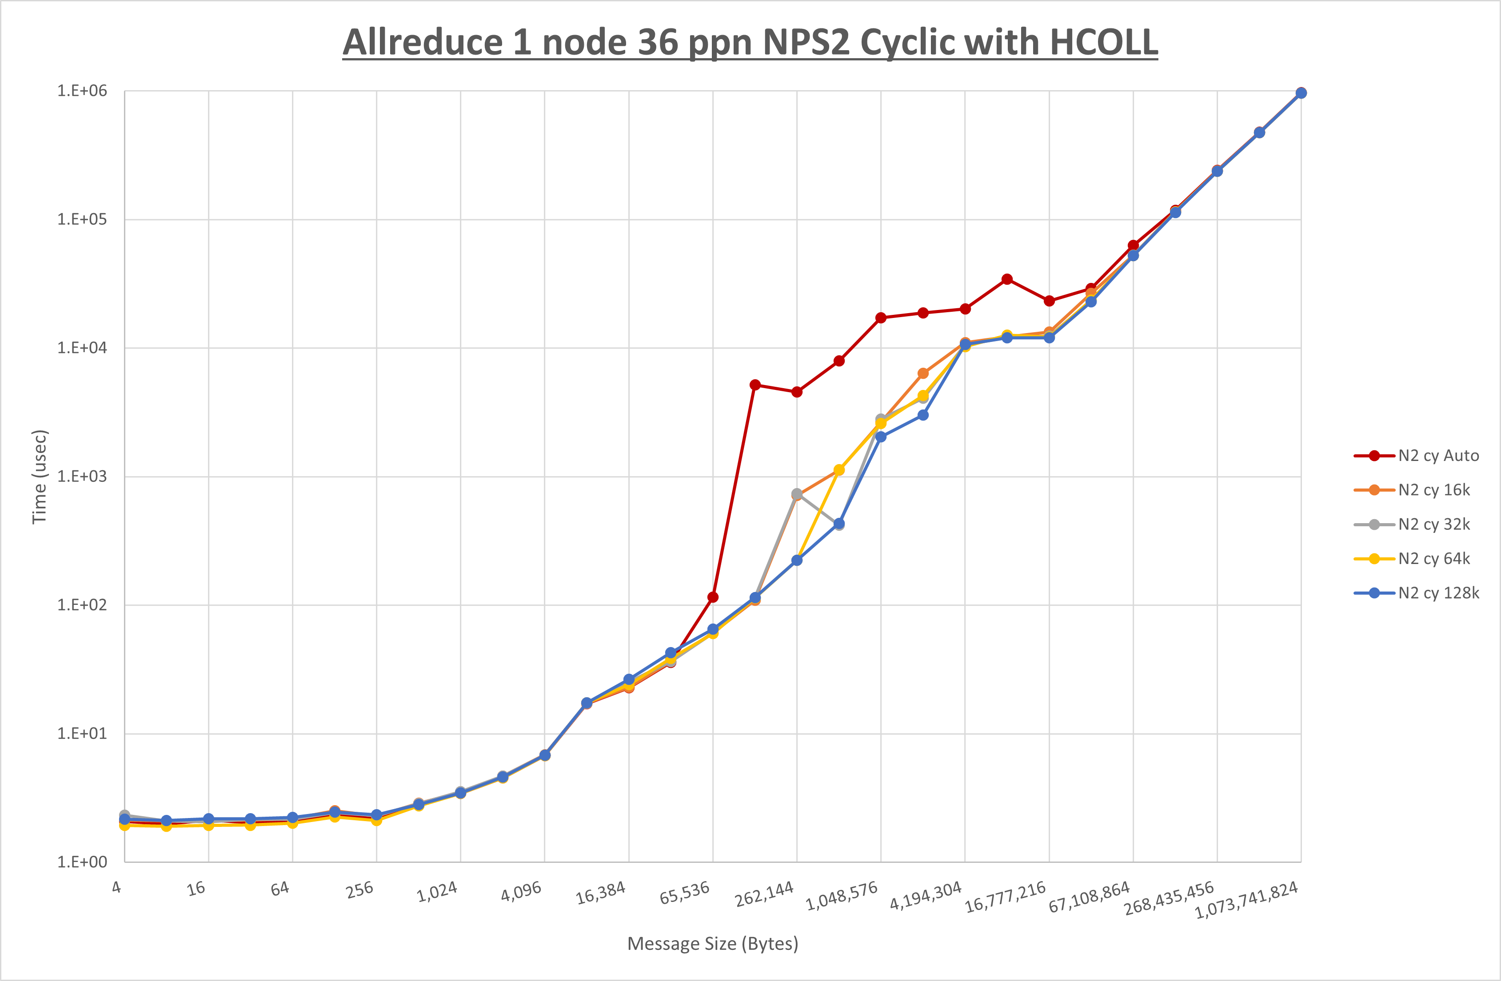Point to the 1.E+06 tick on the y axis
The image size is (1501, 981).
coord(82,91)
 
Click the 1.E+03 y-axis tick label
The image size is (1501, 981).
coord(82,477)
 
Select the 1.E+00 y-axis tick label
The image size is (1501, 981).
coord(82,862)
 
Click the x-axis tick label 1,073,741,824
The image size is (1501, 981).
coord(1246,900)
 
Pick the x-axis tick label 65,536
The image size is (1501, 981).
coord(684,893)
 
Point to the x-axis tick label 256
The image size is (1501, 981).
coord(359,890)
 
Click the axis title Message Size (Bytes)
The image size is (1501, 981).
coord(713,944)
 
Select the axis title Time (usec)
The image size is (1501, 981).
coord(39,477)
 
